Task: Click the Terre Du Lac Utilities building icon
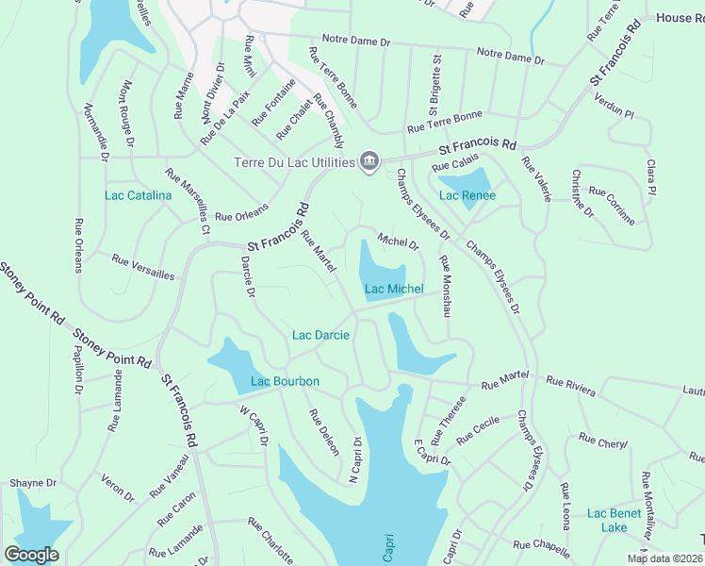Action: pos(369,161)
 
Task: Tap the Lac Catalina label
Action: pos(138,195)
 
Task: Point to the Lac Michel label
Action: pos(394,289)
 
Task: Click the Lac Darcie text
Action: pos(320,335)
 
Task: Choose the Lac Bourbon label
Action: pos(285,381)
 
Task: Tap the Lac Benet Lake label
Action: pos(614,520)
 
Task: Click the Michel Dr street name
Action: pos(398,241)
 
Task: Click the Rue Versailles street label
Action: pos(143,266)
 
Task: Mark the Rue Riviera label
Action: pos(571,382)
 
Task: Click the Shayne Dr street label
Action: pos(28,483)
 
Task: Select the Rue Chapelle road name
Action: pos(541,545)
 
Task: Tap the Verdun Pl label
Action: pos(616,110)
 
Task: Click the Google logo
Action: pos(31,554)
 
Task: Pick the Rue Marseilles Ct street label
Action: pos(187,201)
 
